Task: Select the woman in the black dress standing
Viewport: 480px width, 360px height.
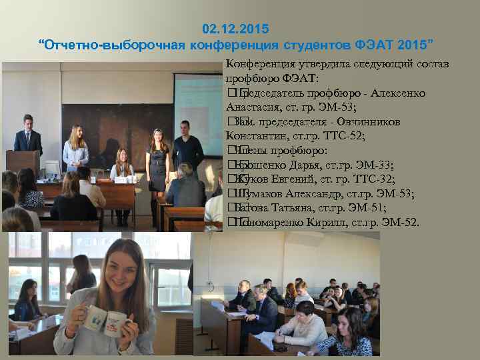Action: (158, 160)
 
